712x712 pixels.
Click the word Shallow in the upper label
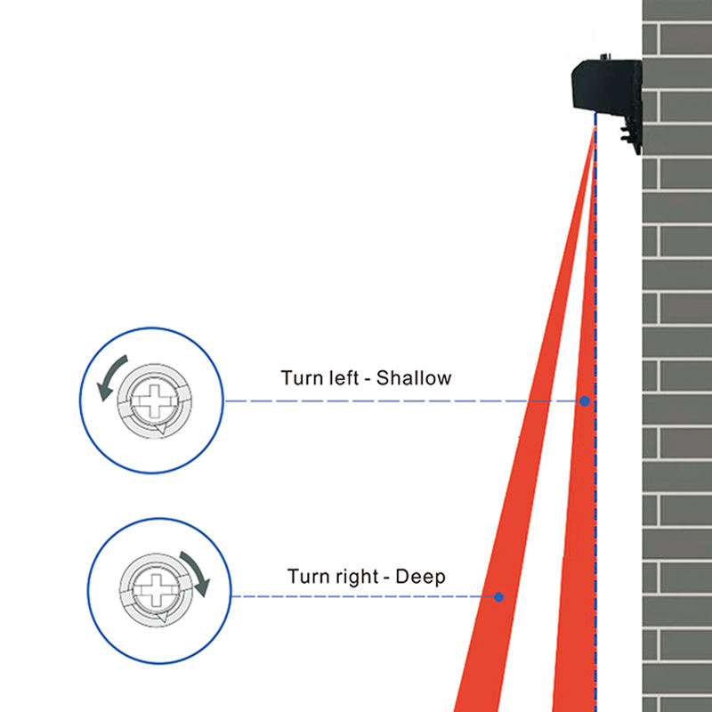click(414, 377)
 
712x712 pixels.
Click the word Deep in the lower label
click(420, 576)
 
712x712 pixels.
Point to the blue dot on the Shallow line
click(585, 401)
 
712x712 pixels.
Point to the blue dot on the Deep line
click(499, 597)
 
